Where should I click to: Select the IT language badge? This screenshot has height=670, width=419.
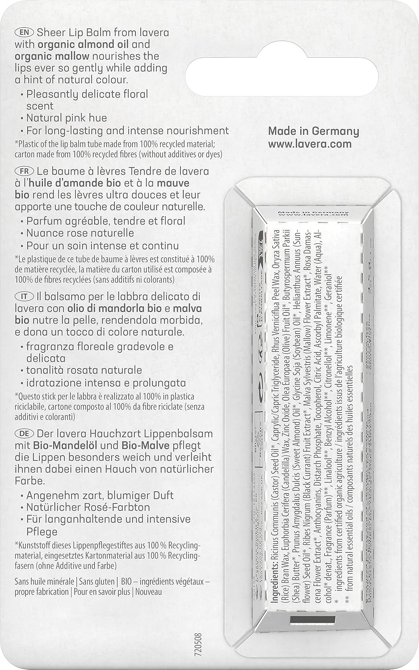(x=23, y=297)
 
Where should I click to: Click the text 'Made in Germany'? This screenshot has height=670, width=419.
(x=313, y=131)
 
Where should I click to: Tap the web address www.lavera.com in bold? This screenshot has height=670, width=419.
(x=310, y=144)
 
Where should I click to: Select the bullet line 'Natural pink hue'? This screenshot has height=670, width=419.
(x=67, y=118)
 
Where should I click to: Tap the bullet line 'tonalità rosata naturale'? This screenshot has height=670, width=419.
(x=84, y=370)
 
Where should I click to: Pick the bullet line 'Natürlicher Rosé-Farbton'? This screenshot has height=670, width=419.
(x=88, y=507)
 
